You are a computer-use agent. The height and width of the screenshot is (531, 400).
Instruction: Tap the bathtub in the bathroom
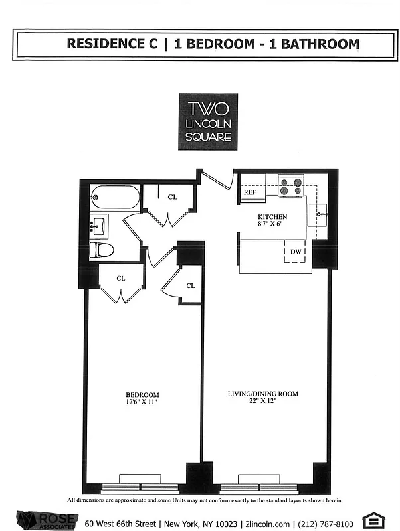(115, 197)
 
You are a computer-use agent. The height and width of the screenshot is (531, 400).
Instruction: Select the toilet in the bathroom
(102, 250)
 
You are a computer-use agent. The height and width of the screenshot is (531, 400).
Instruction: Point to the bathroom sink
(99, 225)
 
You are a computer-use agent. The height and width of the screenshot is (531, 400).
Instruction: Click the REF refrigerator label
(250, 192)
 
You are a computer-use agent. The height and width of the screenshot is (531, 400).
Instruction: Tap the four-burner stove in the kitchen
(290, 185)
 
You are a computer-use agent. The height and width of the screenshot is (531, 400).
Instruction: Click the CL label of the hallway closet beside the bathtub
(172, 197)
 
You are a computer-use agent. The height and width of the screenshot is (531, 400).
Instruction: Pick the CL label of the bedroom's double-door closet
(121, 279)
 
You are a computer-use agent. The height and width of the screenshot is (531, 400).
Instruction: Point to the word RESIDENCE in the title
(112, 44)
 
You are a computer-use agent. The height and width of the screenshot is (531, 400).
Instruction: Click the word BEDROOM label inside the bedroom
(144, 394)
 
